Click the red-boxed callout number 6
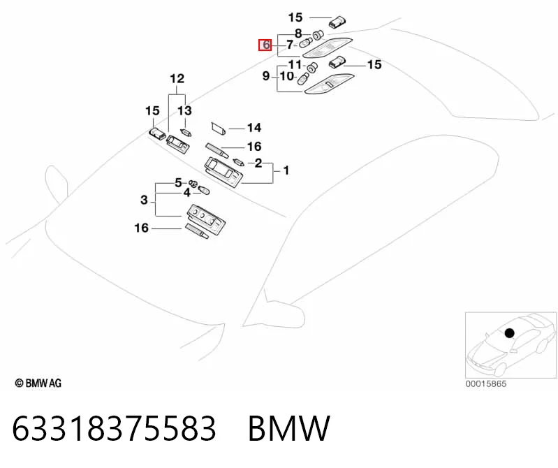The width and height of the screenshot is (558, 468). tap(265, 45)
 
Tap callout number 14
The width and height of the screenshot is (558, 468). tap(254, 128)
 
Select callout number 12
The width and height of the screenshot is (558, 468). tap(177, 79)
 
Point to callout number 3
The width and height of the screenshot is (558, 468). tap(144, 200)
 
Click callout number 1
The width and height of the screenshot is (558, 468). tap(286, 170)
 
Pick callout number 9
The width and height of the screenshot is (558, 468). tap(266, 76)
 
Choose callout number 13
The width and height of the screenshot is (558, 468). tap(184, 110)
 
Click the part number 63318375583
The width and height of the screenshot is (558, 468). tap(114, 427)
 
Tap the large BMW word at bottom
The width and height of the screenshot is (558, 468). tap(289, 427)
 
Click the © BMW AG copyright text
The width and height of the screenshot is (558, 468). tap(38, 383)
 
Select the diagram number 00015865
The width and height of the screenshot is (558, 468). tap(486, 383)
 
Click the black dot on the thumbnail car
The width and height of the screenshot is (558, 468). tap(510, 333)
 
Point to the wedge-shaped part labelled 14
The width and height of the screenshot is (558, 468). tap(218, 129)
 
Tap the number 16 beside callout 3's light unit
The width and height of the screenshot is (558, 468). tap(141, 228)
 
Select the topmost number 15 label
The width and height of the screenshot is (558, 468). tap(295, 17)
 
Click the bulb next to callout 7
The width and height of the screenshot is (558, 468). tap(306, 43)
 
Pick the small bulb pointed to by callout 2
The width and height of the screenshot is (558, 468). tap(238, 162)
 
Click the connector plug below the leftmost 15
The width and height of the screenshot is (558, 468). tap(157, 133)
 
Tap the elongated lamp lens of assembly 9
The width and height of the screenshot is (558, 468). tap(329, 84)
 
